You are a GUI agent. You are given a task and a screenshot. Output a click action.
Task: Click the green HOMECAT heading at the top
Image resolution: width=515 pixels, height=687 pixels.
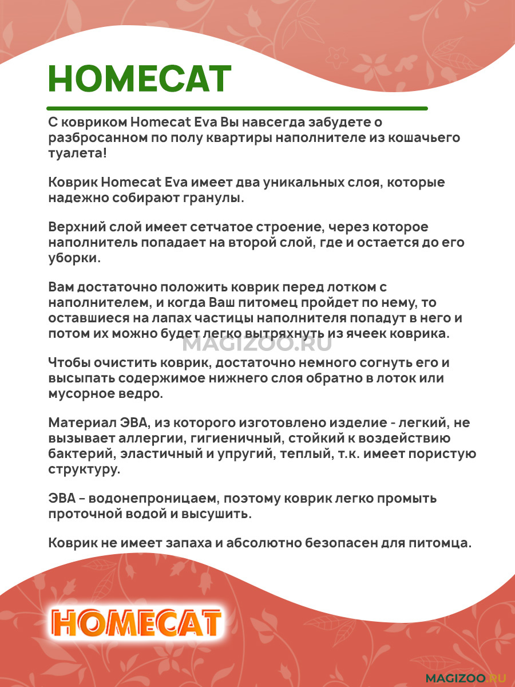pos(140,80)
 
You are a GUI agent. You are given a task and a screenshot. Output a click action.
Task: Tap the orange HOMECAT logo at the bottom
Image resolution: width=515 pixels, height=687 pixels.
pos(136,623)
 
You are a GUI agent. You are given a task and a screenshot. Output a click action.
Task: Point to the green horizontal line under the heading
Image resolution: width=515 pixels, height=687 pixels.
pos(237,108)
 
